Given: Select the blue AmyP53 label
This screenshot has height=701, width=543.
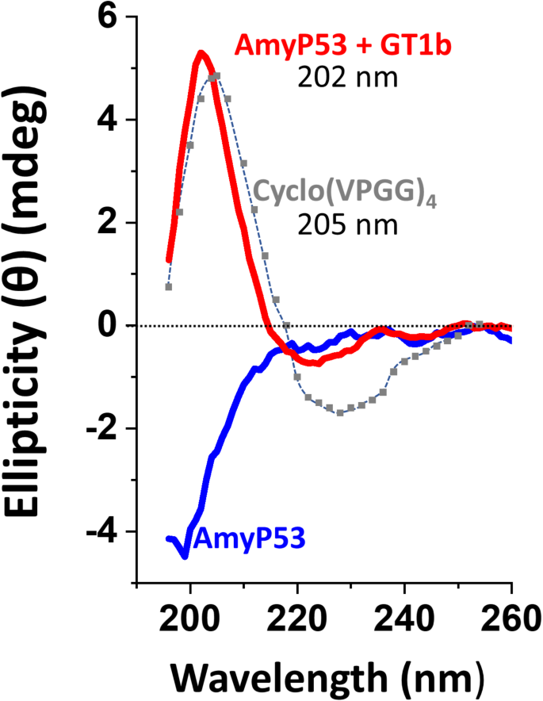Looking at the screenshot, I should (250, 541).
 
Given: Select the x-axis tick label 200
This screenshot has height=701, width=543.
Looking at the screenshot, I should (189, 616).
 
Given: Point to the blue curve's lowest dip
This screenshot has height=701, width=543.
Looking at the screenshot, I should (185, 556).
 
